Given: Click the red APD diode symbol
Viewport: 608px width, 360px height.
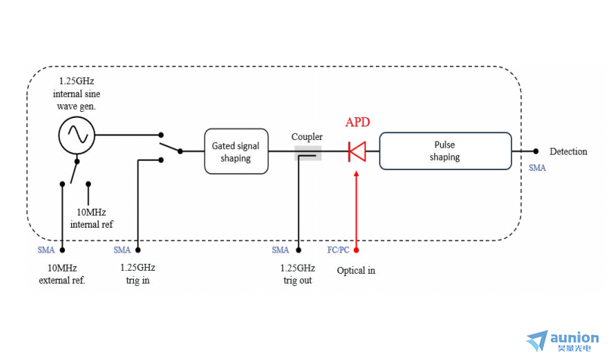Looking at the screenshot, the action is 357,151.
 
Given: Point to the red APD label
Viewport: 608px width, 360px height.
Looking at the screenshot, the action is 358,123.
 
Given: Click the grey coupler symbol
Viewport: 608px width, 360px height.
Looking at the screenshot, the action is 308,153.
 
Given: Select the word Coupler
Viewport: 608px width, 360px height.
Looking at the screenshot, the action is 307,137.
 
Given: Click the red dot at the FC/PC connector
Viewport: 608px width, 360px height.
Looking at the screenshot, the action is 356,250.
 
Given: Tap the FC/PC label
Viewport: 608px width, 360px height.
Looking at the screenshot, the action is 338,250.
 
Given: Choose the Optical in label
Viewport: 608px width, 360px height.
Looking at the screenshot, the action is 356,271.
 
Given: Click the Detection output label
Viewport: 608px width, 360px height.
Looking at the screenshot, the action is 568,152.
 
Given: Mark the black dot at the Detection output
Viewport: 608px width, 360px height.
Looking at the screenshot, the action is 535,151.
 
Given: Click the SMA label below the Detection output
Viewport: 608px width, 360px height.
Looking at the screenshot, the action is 537,168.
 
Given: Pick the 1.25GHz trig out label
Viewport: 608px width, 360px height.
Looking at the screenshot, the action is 297,275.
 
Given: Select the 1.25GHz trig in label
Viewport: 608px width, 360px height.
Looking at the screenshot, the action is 138,274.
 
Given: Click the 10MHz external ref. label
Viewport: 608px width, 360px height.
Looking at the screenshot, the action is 62,275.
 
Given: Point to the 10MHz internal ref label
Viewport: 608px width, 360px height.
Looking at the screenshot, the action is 92,219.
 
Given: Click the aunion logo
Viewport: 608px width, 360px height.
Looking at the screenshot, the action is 562,341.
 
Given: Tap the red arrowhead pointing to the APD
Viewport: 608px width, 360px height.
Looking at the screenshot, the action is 356,174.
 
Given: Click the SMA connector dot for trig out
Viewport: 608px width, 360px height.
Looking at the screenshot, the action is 299,250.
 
